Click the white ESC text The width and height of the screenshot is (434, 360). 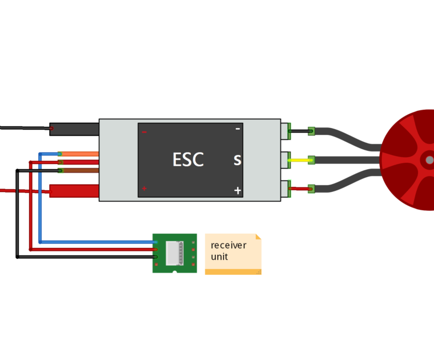188,160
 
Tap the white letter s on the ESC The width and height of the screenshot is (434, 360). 237,161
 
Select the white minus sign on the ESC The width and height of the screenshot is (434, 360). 238,129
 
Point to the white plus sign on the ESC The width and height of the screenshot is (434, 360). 238,191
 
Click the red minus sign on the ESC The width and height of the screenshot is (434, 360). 144,132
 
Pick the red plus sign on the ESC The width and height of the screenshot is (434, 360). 144,189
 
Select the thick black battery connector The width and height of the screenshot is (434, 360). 74,129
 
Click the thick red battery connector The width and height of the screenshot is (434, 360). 74,191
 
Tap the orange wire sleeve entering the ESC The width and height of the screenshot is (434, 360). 80,154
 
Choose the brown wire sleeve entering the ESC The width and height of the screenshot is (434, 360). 80,170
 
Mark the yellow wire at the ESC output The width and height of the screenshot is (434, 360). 300,161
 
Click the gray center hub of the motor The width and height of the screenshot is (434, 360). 429,161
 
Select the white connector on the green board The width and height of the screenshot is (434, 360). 175,253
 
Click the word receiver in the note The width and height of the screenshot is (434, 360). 228,245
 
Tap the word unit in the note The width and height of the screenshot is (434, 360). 219,257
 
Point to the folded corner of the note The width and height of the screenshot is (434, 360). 259,236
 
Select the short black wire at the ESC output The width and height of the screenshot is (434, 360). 300,131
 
